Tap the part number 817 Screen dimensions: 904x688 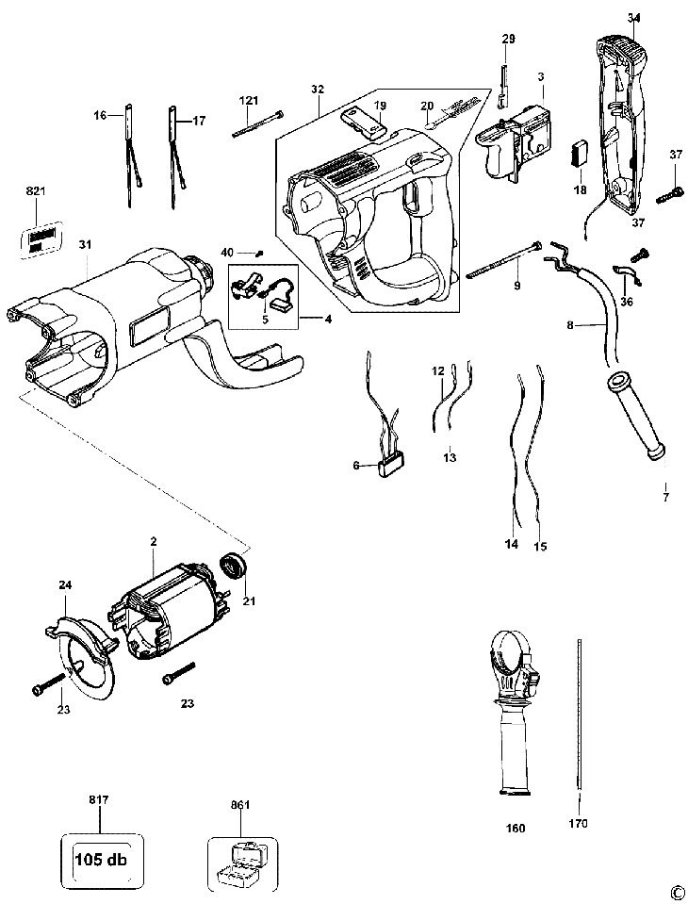99,800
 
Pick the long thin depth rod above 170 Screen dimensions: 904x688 575,716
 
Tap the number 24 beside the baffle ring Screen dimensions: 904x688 65,585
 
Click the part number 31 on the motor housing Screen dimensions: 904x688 85,245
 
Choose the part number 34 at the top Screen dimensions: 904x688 633,18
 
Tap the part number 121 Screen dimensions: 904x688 248,100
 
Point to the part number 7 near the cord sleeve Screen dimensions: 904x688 665,497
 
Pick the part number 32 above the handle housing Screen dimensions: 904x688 317,89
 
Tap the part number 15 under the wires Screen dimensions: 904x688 540,545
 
